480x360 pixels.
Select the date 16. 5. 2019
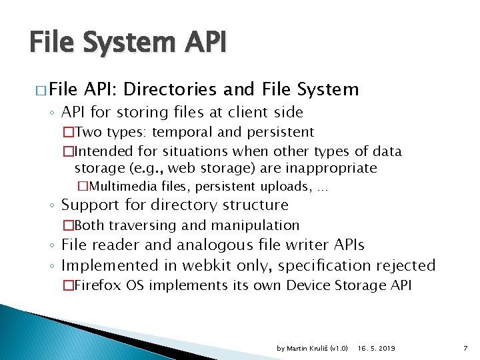(x=376, y=349)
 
